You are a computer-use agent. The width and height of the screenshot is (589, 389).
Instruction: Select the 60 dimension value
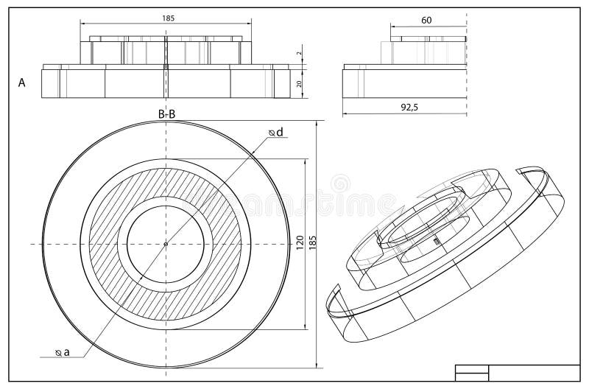(426, 20)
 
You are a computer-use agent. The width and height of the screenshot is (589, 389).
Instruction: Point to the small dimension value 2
(300, 54)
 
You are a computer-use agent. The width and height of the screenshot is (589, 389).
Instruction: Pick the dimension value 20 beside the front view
(300, 83)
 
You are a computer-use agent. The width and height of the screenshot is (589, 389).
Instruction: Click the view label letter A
(22, 83)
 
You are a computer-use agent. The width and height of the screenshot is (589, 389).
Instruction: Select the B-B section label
(166, 113)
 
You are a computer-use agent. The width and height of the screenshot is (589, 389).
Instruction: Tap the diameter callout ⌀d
(277, 133)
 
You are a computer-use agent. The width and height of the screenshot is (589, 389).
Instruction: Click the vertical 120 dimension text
(300, 243)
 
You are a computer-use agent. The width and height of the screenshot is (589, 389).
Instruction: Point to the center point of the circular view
(166, 244)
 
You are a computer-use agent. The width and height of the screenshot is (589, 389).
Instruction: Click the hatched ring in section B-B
(110, 244)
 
